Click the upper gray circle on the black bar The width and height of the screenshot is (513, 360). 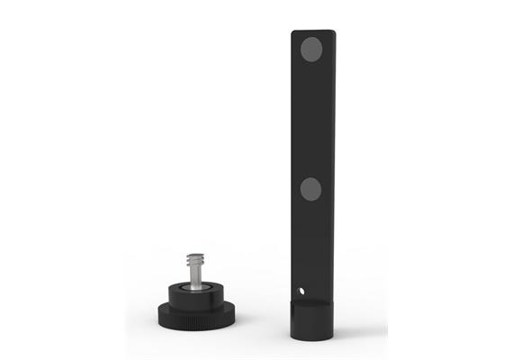point(311,49)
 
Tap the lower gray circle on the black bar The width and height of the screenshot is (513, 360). point(310,188)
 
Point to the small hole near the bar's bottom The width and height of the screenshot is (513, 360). point(302,292)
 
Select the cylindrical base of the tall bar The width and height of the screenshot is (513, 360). point(312,320)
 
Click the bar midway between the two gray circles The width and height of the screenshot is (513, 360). point(311,119)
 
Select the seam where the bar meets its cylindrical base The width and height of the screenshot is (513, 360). point(312,303)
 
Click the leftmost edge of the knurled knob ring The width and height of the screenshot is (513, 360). point(159,312)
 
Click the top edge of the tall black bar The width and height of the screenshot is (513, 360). point(312,31)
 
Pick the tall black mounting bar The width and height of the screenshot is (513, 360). point(312,162)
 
